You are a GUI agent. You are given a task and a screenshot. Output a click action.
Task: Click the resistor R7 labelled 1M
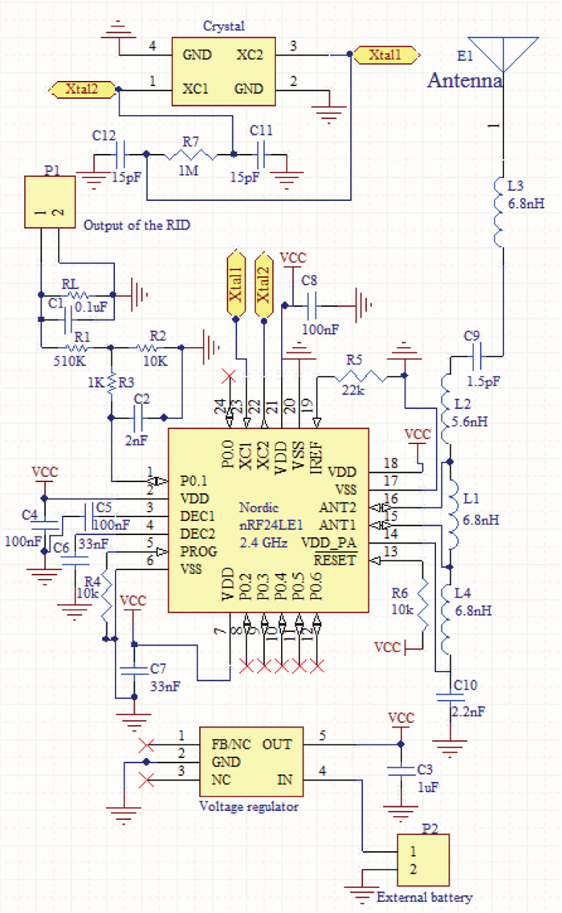click(x=190, y=153)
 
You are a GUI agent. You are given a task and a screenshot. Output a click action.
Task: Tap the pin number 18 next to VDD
click(x=390, y=463)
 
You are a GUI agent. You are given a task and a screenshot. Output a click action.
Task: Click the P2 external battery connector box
click(x=424, y=861)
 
